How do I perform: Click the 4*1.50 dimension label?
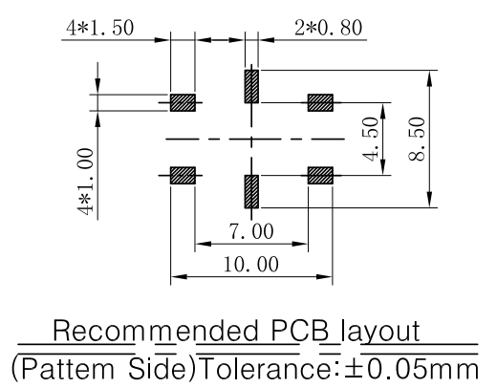pyautogui.click(x=100, y=28)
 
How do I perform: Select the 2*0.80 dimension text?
pyautogui.click(x=329, y=28)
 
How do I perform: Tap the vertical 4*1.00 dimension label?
pyautogui.click(x=85, y=182)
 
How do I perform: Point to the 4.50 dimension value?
pyautogui.click(x=371, y=140)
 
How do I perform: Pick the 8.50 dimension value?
pyautogui.click(x=417, y=140)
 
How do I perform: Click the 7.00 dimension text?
pyautogui.click(x=251, y=231)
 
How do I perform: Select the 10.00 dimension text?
pyautogui.click(x=251, y=264)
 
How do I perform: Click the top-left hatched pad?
pyautogui.click(x=183, y=102)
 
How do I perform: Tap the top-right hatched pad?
pyautogui.click(x=320, y=102)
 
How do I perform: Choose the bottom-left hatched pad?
pyautogui.click(x=183, y=175)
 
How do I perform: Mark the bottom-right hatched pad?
pyautogui.click(x=320, y=175)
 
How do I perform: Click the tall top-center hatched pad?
pyautogui.click(x=251, y=86)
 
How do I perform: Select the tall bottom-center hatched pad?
pyautogui.click(x=251, y=191)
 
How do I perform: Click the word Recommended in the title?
pyautogui.click(x=156, y=331)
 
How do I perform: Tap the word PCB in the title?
pyautogui.click(x=300, y=331)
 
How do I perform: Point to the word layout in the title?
pyautogui.click(x=380, y=331)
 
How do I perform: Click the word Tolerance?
pyautogui.click(x=267, y=369)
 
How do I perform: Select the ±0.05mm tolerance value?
pyautogui.click(x=412, y=369)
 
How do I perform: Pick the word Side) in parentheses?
pyautogui.click(x=162, y=369)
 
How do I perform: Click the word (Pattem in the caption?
pyautogui.click(x=63, y=369)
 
